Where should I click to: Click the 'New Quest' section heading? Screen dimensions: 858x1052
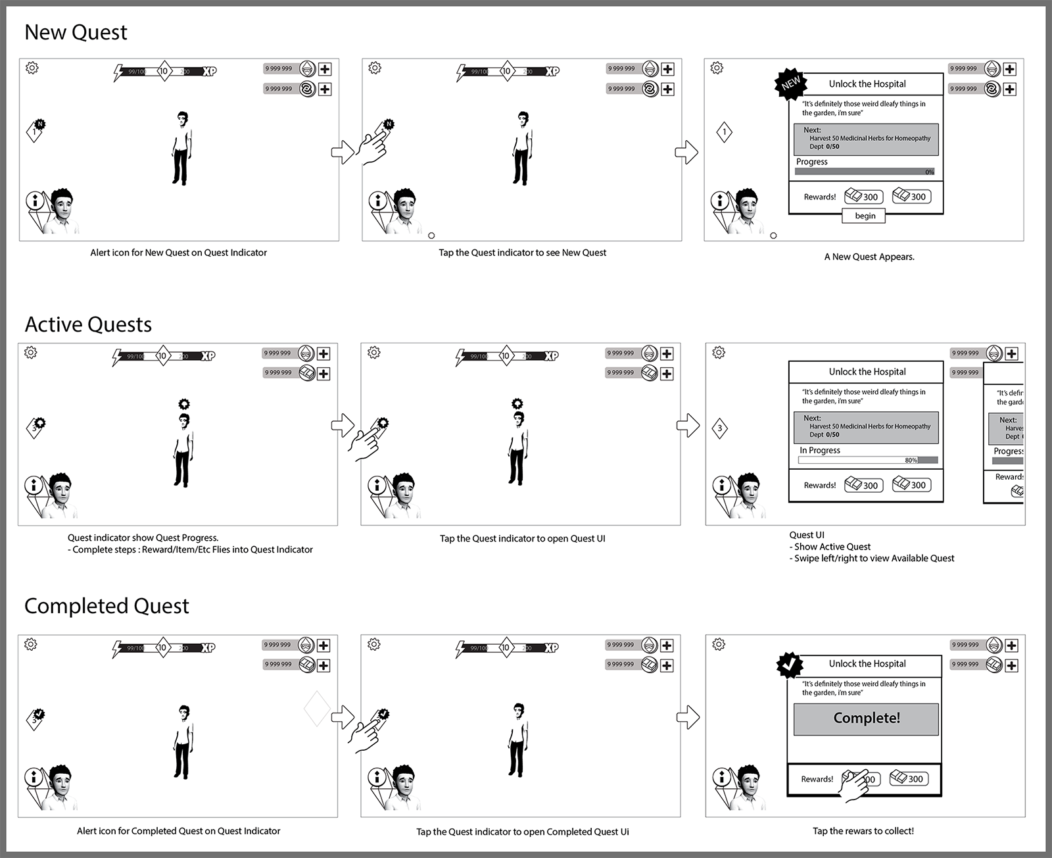point(76,32)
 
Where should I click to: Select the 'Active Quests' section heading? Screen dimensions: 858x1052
point(88,324)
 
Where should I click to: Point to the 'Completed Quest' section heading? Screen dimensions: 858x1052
point(107,606)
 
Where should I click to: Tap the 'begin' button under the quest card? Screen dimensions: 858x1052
point(865,216)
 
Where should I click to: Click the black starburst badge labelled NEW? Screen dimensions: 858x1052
point(791,84)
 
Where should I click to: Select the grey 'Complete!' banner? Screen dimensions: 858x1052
point(866,719)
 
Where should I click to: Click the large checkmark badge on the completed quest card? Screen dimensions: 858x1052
point(790,665)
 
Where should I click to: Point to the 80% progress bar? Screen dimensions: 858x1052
point(868,460)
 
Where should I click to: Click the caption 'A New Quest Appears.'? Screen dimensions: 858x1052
point(869,257)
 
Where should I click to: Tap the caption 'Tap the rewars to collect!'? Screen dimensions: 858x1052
point(863,831)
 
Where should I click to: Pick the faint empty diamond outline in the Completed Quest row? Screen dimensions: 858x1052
point(317,709)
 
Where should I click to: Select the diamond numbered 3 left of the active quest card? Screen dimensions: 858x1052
point(720,428)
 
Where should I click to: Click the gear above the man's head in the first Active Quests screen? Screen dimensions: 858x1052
point(184,404)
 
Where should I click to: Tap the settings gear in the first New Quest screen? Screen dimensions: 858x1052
point(32,68)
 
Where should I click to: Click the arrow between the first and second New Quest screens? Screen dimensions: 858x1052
point(343,152)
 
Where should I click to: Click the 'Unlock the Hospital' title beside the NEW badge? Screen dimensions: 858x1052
point(867,84)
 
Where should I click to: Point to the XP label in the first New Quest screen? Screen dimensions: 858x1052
point(209,71)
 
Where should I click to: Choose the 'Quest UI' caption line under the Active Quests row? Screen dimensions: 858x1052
point(807,535)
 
